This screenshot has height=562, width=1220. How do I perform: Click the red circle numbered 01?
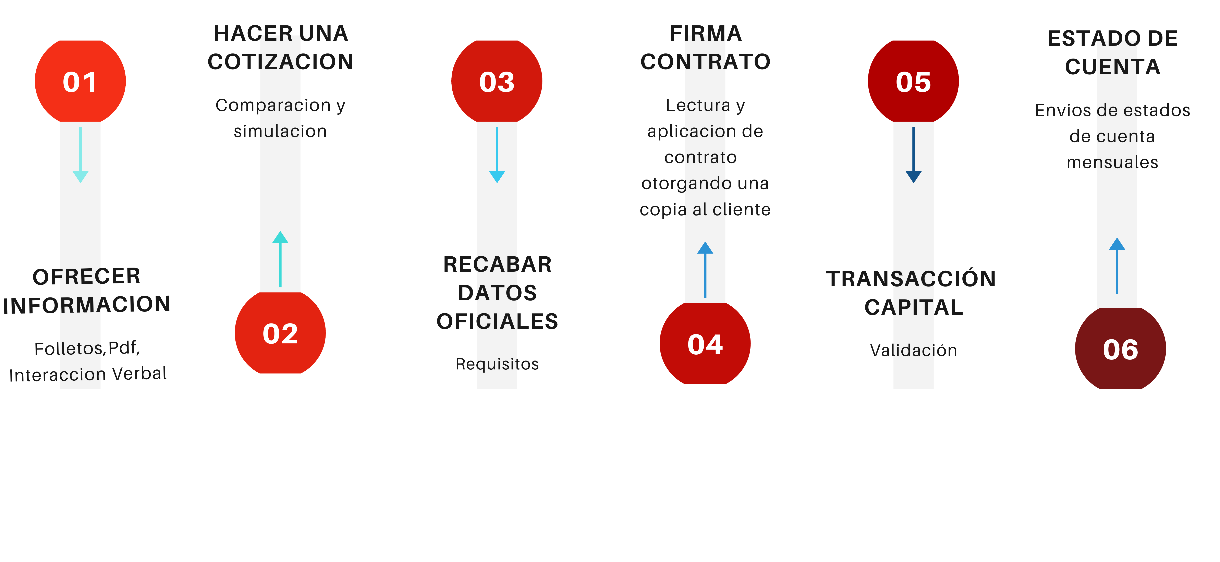point(80,82)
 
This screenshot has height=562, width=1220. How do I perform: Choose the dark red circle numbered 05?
point(913,82)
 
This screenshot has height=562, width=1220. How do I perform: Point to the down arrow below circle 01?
point(81,155)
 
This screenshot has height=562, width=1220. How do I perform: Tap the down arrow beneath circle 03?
point(497,155)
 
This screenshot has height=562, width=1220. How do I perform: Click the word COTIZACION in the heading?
point(280,62)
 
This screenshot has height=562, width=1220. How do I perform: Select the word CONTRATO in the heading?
point(705,62)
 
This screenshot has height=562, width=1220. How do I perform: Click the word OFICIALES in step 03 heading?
point(497,321)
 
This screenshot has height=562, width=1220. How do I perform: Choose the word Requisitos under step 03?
point(497,364)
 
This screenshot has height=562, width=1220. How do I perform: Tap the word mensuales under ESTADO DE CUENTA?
point(1112,162)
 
